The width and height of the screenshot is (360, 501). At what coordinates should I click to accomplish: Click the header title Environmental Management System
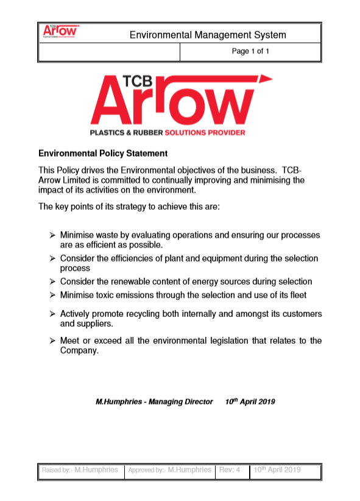[x=208, y=35]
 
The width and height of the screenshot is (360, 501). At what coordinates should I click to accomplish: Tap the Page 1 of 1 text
[x=250, y=52]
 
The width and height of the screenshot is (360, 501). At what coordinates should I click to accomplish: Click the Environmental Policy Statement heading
[x=102, y=154]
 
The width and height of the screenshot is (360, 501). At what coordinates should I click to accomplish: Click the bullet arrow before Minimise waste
[x=52, y=235]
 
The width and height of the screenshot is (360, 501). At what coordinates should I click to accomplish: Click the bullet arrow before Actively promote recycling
[x=52, y=313]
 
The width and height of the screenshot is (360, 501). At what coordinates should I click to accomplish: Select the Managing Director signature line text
[x=155, y=402]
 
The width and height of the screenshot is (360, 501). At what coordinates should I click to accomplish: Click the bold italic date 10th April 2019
[x=250, y=402]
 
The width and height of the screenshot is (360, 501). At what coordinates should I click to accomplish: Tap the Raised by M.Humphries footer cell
[x=80, y=470]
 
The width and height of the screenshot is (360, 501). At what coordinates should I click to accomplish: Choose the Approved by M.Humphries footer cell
[x=169, y=470]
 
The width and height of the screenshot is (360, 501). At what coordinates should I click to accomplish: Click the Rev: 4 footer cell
[x=230, y=470]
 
